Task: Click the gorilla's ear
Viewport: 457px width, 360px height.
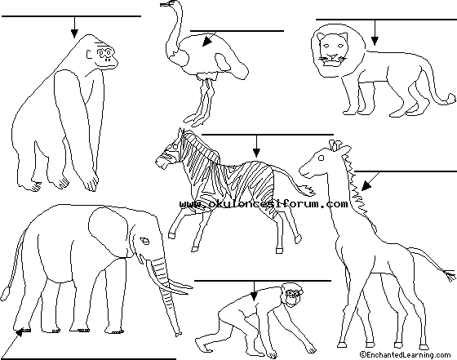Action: pyautogui.click(x=89, y=54)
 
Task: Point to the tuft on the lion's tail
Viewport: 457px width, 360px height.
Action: pyautogui.click(x=451, y=99)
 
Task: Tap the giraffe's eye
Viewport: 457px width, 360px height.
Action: pyautogui.click(x=322, y=158)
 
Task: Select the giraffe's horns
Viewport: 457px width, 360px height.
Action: pyautogui.click(x=335, y=144)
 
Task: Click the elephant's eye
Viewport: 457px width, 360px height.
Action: pyautogui.click(x=144, y=242)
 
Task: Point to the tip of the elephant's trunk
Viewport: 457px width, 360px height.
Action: pyautogui.click(x=178, y=334)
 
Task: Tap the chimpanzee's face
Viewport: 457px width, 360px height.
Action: pyautogui.click(x=294, y=296)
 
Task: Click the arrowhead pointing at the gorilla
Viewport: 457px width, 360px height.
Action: pyautogui.click(x=74, y=33)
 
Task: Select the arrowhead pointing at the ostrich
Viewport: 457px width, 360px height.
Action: pyautogui.click(x=206, y=42)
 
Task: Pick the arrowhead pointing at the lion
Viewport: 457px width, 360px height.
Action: pyautogui.click(x=375, y=41)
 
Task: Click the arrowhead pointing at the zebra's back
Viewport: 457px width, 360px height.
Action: pyautogui.click(x=256, y=153)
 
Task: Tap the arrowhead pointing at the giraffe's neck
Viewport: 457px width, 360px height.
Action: pyautogui.click(x=366, y=185)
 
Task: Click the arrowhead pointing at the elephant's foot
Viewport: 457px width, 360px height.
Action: pyautogui.click(x=19, y=332)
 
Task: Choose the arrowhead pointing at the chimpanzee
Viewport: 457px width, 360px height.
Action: pyautogui.click(x=254, y=296)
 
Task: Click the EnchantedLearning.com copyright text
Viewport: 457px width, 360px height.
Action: pyautogui.click(x=405, y=355)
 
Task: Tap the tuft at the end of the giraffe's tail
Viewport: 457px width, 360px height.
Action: pyautogui.click(x=450, y=275)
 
